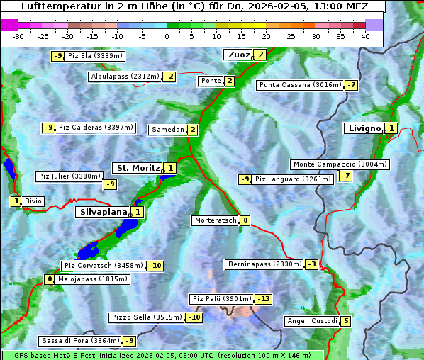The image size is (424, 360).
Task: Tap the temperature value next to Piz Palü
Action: click(x=264, y=299)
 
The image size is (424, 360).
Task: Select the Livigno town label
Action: click(x=364, y=128)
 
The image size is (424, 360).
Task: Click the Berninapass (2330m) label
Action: click(x=265, y=264)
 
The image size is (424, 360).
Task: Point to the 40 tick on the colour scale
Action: click(x=365, y=36)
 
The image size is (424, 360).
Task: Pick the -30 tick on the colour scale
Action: click(x=19, y=36)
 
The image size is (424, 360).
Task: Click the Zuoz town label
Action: click(x=237, y=55)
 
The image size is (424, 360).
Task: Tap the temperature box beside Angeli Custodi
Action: click(x=345, y=321)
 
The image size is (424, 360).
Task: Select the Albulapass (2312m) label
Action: click(x=125, y=77)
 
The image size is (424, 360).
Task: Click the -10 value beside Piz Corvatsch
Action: click(x=155, y=266)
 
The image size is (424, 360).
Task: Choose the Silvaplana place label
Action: click(x=103, y=211)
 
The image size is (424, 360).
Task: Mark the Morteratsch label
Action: click(x=215, y=220)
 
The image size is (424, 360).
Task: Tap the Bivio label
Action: click(x=33, y=201)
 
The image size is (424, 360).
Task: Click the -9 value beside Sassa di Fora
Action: click(x=128, y=341)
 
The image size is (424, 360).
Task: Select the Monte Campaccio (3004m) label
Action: click(x=340, y=164)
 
